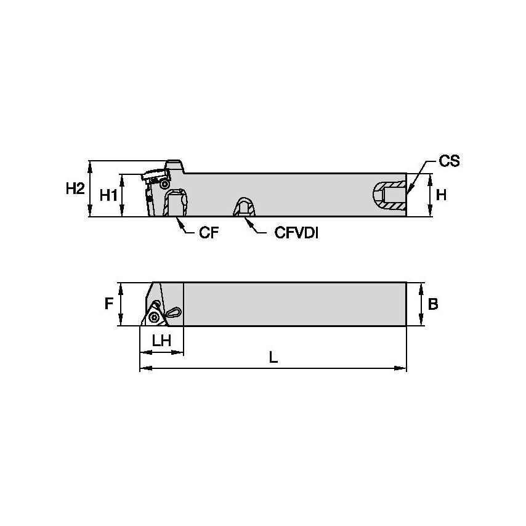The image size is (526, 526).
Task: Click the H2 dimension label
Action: coord(75,189)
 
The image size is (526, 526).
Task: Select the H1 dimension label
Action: coord(108,195)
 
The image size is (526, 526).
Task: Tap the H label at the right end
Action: coord(441,195)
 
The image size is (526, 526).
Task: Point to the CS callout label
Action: coord(449,161)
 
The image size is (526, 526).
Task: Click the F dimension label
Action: coord(109,304)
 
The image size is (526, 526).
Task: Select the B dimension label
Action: coord(433,304)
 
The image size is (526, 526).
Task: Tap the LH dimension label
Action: coord(161,341)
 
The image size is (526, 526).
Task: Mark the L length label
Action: coord(273,357)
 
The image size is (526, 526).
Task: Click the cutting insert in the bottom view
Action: coord(153,317)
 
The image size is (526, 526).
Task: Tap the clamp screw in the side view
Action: coord(164,184)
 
